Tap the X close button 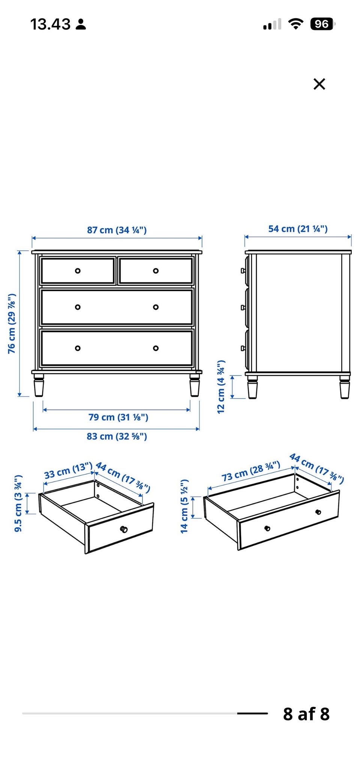(319, 84)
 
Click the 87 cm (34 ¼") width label (117, 230)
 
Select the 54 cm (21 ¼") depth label (298, 229)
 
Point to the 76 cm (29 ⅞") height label (12, 324)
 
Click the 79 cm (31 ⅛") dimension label (118, 417)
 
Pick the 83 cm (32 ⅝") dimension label (117, 436)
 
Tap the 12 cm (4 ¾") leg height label (221, 387)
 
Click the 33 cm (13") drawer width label (68, 471)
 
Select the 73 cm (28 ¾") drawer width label (251, 471)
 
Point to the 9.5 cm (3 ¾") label (18, 503)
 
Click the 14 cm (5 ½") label (184, 506)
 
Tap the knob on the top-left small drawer (78, 271)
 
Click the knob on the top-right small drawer (156, 271)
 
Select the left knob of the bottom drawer (78, 348)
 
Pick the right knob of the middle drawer (156, 307)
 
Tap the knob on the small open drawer (124, 529)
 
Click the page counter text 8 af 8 (306, 714)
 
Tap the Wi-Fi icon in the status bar (295, 24)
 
